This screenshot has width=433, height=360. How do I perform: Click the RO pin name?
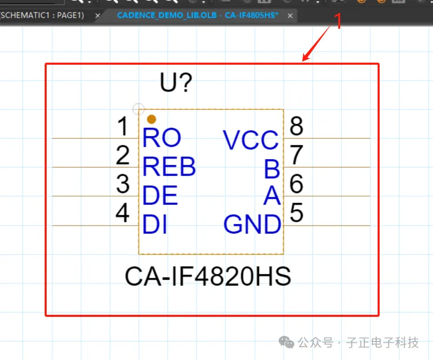coord(162,138)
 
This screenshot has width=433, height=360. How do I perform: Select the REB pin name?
coord(169,167)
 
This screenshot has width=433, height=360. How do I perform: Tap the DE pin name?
coord(160,196)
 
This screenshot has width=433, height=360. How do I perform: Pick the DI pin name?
coord(155,225)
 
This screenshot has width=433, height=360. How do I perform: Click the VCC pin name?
coord(251,140)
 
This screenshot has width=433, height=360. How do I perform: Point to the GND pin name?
coord(252,224)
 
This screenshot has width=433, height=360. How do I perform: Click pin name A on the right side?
coord(272,196)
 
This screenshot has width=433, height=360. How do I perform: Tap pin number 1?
coord(123,126)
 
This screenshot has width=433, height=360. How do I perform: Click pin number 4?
coord(122,213)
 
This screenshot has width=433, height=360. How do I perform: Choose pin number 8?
coord(297,126)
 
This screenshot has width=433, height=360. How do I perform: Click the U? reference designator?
coord(176,82)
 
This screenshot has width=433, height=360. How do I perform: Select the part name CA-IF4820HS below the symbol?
coord(208,276)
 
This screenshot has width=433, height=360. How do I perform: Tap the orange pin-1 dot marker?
coord(151,119)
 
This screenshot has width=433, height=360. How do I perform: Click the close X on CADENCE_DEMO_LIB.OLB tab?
coord(290,15)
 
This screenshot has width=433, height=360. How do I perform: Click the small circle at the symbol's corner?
coord(138,109)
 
